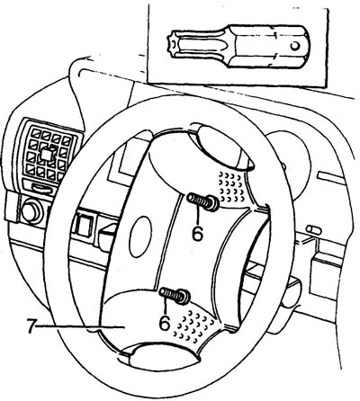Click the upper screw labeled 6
coord(202,200)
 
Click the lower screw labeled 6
coord(175,295)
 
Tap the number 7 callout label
coord(32,326)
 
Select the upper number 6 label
coord(197,232)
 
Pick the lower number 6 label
coord(165,322)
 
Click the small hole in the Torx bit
coord(295,46)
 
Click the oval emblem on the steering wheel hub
coord(140,236)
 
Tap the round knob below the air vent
coord(31,212)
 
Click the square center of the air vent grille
coord(47,155)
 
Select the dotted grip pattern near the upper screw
coord(231,187)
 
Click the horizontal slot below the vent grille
coord(41,188)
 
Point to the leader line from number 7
coord(82,326)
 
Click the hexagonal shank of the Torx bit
coord(270,46)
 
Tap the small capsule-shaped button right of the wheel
coord(314,230)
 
